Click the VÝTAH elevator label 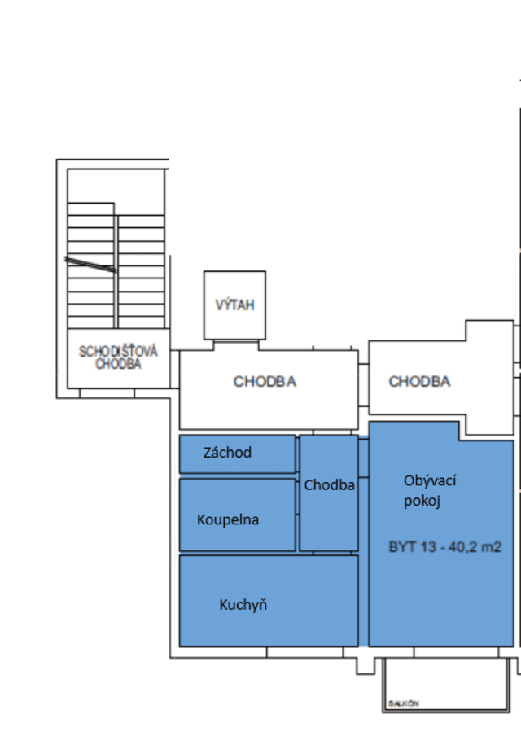[234, 305]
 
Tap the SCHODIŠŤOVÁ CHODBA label [118, 358]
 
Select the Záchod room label [227, 453]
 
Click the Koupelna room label [228, 519]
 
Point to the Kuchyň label [243, 605]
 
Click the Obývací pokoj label [429, 491]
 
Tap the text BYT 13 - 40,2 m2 [444, 548]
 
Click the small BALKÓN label [403, 703]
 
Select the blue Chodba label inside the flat [329, 485]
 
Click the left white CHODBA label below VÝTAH [265, 381]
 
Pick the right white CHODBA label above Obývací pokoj [419, 381]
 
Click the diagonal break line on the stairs [91, 264]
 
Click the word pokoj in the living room [422, 502]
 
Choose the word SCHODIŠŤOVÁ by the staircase [118, 352]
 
